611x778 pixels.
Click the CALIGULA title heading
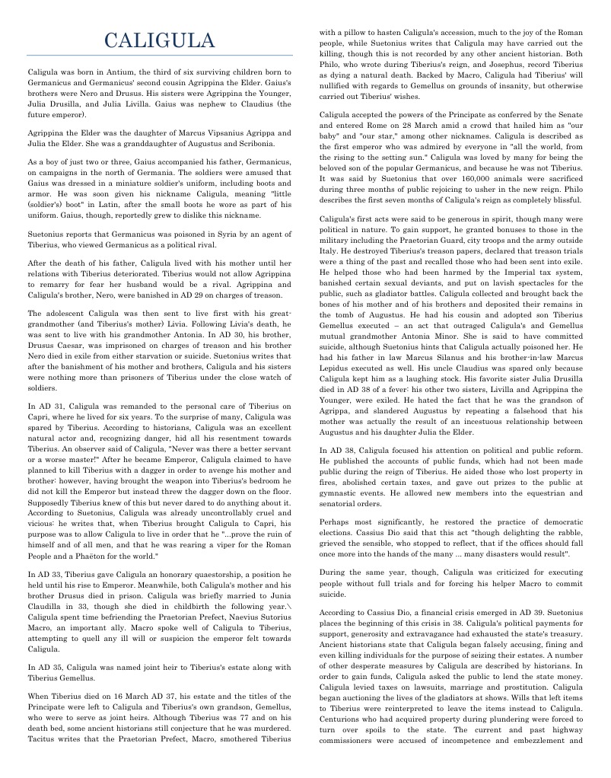159,40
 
